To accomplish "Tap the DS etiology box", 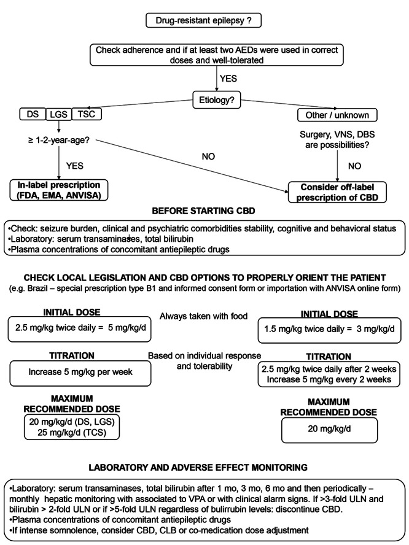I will [x=28, y=115].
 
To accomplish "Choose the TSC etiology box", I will [x=87, y=115].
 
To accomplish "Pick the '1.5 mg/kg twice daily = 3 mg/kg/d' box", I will [x=330, y=328].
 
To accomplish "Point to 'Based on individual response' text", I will [x=204, y=355].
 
